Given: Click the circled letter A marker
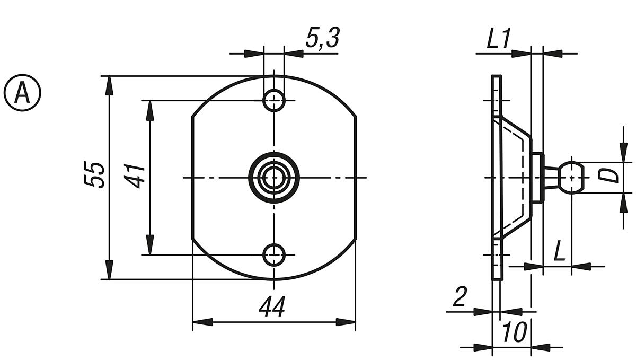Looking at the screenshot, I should click(22, 93).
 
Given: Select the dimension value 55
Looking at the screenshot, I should click(95, 174).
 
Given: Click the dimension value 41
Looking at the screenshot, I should click(136, 175).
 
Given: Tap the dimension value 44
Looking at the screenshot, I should click(272, 307).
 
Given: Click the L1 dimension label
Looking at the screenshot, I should click(498, 40).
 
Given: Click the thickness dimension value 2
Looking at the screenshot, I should click(459, 298).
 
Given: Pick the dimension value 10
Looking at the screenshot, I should click(514, 333).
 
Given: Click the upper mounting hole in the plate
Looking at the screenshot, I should click(274, 100).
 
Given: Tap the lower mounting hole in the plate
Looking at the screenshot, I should click(274, 255).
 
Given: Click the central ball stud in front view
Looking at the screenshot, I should click(274, 178).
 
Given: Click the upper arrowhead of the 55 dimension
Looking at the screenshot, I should click(109, 85).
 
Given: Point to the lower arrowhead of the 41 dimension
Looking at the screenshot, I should click(150, 246).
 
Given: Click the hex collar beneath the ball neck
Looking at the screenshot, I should click(537, 177).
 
